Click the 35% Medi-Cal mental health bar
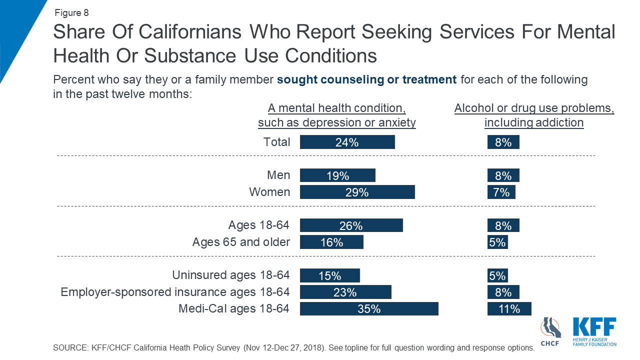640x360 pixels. [x=369, y=309]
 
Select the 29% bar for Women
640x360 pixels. [x=357, y=192]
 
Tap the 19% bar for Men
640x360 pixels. [x=337, y=175]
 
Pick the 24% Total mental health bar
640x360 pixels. [x=347, y=142]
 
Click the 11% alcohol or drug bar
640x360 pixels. [x=509, y=309]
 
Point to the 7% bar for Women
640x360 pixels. [x=501, y=192]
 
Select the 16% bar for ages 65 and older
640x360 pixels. [x=331, y=242]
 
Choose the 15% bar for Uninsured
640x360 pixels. [x=329, y=275]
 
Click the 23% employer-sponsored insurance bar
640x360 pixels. [x=345, y=292]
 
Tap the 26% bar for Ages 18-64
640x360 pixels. [x=351, y=225]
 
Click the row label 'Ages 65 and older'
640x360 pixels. [x=241, y=242]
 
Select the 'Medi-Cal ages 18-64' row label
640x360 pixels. [x=234, y=308]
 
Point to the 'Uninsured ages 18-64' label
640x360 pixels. [x=230, y=275]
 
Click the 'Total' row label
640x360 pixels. [x=276, y=142]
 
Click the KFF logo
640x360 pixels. [x=594, y=331]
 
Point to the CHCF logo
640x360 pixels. [x=550, y=331]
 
